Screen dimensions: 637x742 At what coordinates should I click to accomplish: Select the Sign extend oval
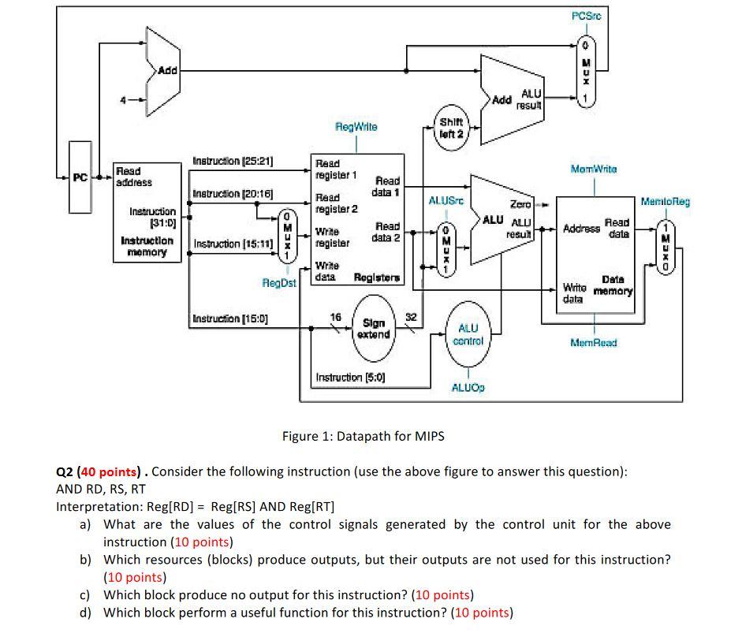373,329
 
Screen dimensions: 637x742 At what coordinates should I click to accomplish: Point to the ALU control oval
468,334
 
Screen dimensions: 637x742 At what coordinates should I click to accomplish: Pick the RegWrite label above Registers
356,126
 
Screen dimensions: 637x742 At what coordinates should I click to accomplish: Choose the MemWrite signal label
594,169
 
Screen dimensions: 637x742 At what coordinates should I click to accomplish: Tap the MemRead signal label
594,343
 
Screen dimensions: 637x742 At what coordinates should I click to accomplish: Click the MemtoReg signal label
665,202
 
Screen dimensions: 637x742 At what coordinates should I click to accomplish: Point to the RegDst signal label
279,282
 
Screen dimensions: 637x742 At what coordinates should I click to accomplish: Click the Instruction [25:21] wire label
233,161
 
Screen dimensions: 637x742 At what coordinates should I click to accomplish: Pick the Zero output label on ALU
520,204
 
